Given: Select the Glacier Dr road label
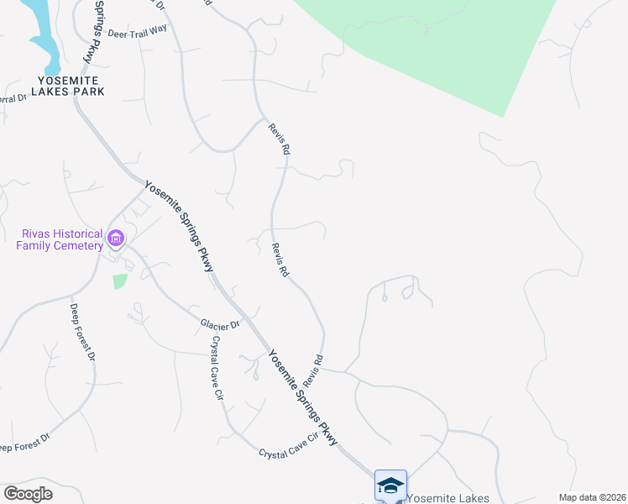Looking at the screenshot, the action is (220, 323).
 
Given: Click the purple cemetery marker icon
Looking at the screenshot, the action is (116, 241).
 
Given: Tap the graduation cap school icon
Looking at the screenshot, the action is (390, 485).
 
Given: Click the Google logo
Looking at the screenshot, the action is (28, 494).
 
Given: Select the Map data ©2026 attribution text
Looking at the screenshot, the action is (591, 497).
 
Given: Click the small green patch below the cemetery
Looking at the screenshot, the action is (120, 281).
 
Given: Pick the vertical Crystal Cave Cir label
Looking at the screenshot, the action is (219, 367).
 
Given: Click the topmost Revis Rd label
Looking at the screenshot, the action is (280, 139).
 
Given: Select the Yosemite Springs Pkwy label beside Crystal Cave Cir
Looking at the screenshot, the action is (303, 397).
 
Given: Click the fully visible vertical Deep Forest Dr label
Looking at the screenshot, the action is (81, 333).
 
